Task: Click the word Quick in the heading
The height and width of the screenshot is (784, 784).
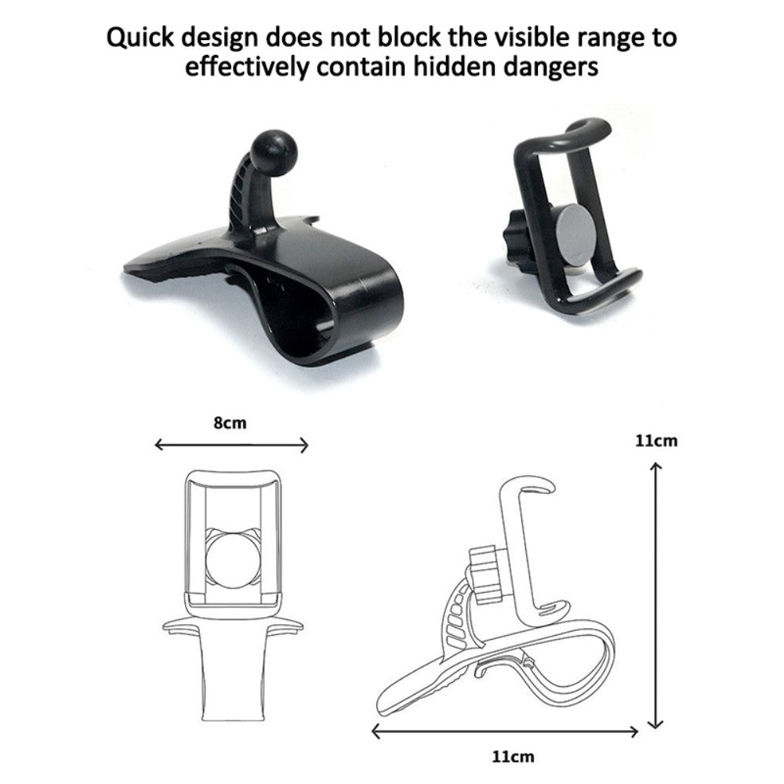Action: point(140,38)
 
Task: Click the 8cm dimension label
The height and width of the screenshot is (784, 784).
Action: point(230,423)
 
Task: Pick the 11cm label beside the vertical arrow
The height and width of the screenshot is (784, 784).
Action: point(656,441)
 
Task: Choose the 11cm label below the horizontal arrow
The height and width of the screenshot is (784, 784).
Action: point(513,757)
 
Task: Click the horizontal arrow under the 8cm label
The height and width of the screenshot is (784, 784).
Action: point(231,444)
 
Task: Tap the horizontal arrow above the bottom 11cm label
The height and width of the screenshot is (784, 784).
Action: point(505,732)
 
